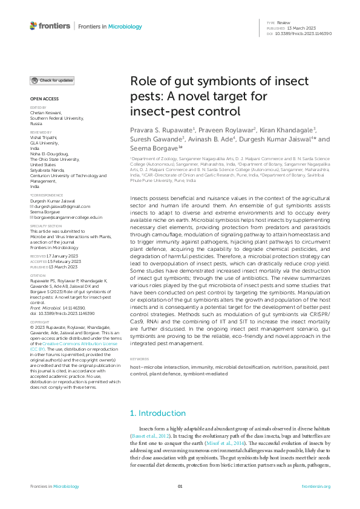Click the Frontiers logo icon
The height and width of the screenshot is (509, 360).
(33, 26)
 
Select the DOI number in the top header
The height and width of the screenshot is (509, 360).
(303, 34)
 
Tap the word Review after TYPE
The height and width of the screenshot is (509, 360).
(284, 23)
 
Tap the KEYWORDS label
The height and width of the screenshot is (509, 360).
(140, 359)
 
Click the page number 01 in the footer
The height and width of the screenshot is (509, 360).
(180, 487)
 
